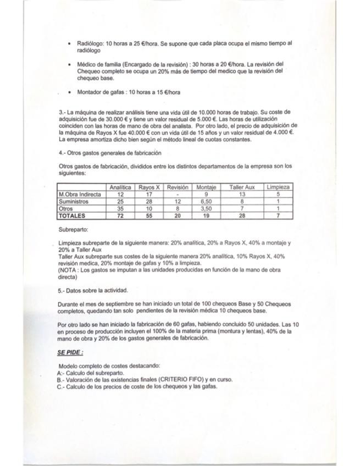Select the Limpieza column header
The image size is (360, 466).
(x=278, y=187)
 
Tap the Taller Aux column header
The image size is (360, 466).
(x=242, y=187)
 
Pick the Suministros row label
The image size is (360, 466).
(x=73, y=202)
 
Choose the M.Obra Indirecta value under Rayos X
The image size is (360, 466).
(x=149, y=195)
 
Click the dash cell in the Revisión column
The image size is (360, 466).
(x=178, y=195)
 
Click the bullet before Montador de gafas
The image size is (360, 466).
(x=68, y=92)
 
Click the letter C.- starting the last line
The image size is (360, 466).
(x=61, y=386)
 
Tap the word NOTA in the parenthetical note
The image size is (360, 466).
(x=68, y=270)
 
